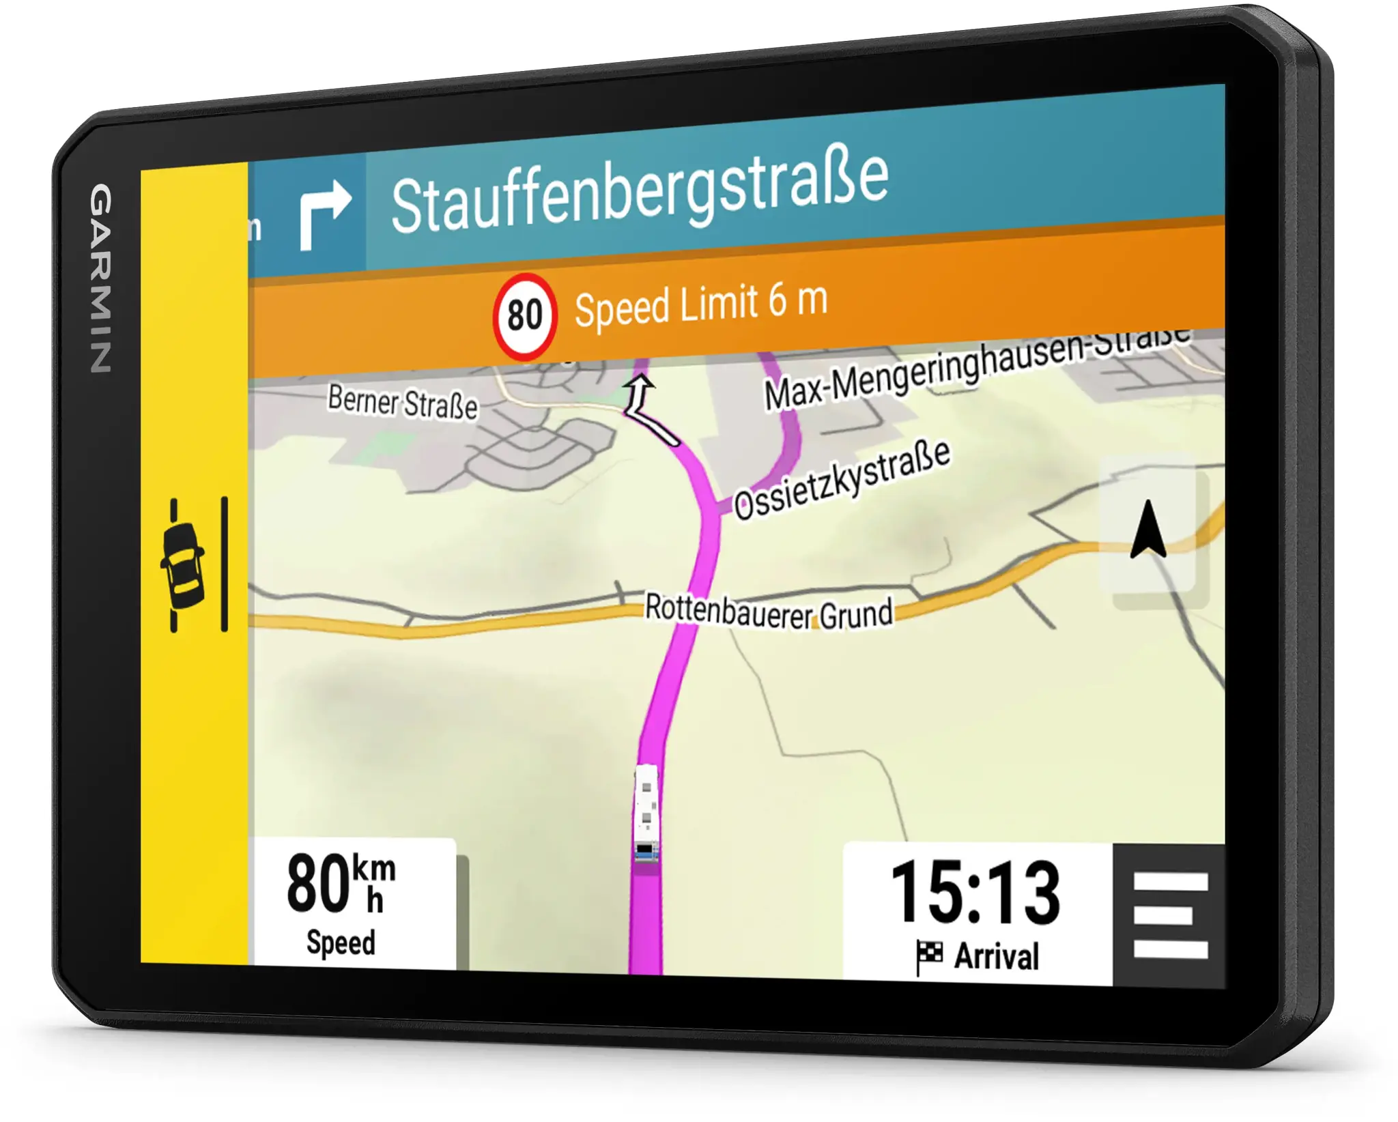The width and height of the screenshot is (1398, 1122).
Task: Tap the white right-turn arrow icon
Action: coord(325,213)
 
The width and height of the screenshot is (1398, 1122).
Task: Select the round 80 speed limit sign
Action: coord(524,316)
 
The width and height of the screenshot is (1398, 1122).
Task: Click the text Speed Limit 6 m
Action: coord(701,304)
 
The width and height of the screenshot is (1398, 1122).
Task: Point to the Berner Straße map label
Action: coord(402,402)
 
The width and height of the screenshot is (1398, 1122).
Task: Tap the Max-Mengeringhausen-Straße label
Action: coord(976,369)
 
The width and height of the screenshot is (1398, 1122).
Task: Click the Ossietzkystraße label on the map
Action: coord(842,479)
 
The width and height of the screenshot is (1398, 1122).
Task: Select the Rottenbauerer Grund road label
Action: coord(769,611)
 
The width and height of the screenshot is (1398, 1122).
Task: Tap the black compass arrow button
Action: coord(1148,530)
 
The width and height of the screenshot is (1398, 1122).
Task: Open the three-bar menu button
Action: coord(1169,915)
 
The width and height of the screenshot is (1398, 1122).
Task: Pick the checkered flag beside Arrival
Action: coord(929,955)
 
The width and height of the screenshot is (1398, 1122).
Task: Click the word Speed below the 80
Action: coord(341,943)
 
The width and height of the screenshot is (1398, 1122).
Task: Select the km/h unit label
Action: coord(374,883)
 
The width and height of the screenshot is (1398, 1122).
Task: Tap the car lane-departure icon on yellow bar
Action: coord(182,565)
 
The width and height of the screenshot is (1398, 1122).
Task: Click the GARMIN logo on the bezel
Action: coord(101,278)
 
